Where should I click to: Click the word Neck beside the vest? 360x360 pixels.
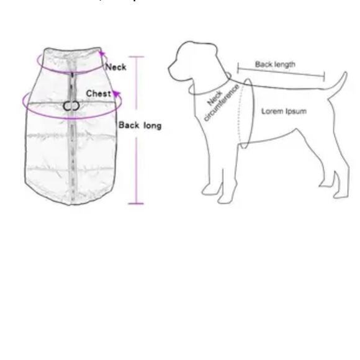point(115,66)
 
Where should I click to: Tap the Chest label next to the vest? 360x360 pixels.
point(98,94)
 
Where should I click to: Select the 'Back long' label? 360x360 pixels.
point(140,125)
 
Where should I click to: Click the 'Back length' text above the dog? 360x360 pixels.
point(275,64)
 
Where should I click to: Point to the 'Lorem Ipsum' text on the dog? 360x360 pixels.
point(283,111)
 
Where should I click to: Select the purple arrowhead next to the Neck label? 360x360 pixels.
point(102,55)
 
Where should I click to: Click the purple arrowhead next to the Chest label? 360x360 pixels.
point(115,95)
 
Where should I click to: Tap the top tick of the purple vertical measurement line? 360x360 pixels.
point(136,57)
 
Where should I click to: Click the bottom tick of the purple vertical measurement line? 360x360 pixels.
point(136,203)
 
